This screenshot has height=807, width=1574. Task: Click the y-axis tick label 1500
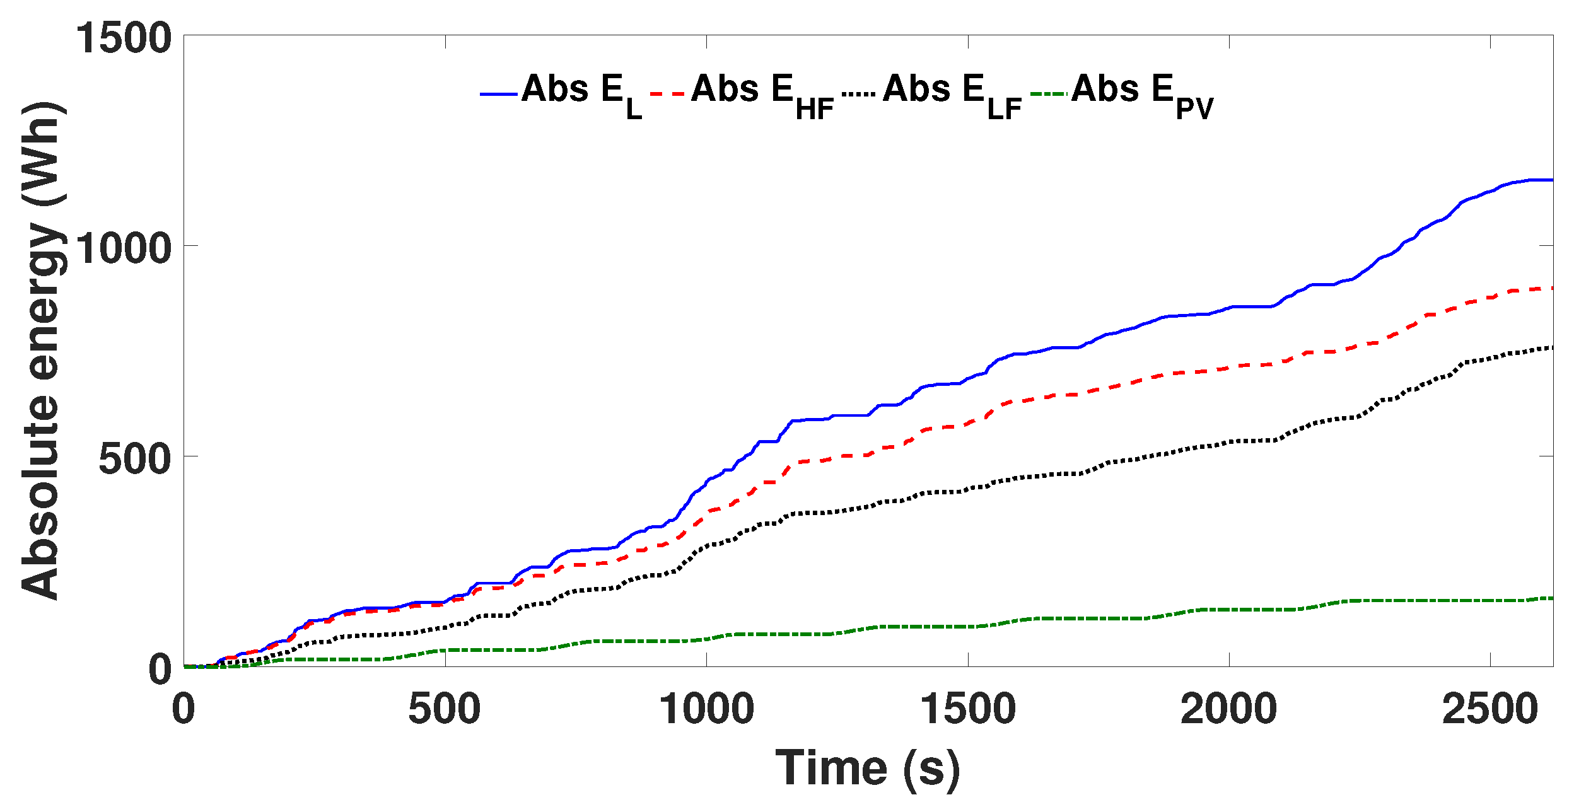[124, 37]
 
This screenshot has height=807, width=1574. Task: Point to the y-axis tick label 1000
[124, 248]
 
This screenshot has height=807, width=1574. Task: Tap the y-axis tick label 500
[135, 458]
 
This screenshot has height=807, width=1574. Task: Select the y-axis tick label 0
[160, 669]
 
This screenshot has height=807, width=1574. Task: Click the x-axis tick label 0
[184, 709]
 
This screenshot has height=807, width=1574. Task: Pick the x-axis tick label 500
[445, 709]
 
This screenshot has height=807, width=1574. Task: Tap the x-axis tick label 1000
[706, 709]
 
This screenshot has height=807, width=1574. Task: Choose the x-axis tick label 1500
[968, 709]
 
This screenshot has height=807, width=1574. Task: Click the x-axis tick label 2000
[1229, 709]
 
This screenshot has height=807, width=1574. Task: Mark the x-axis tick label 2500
[1490, 709]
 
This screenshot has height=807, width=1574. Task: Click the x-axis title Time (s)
[868, 768]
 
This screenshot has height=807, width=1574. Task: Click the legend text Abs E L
[581, 93]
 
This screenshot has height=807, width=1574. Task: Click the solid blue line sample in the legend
[499, 95]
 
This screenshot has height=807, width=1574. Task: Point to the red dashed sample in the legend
[667, 95]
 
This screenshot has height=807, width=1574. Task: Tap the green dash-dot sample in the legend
[1049, 95]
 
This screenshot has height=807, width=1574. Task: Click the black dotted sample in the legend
[858, 95]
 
